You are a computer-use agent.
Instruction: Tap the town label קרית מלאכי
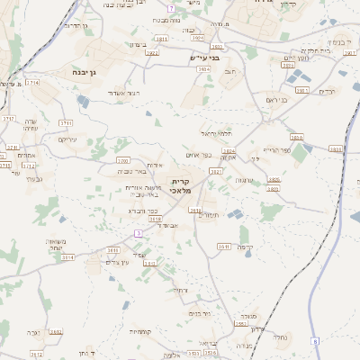(x=185, y=185)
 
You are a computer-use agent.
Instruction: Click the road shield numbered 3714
(x=33, y=82)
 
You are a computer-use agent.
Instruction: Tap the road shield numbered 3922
(x=151, y=52)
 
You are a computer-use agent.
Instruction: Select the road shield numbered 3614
(x=69, y=256)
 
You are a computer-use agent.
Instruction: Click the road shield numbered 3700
(x=122, y=160)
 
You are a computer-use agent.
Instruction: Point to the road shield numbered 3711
(x=66, y=122)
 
